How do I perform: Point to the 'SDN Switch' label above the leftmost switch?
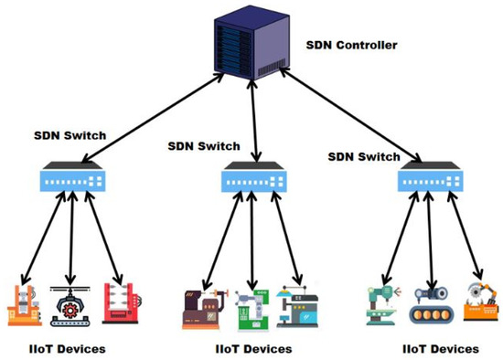(70, 135)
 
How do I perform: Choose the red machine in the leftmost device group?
(122, 302)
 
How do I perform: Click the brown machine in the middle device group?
(203, 308)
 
